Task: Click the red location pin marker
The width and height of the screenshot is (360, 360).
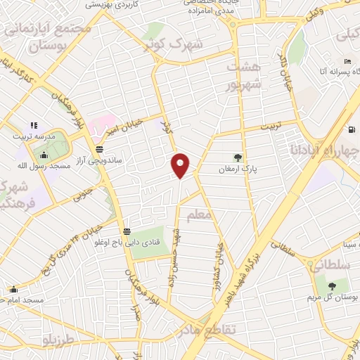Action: (x=181, y=165)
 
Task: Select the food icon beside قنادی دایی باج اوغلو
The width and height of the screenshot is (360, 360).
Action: (x=127, y=231)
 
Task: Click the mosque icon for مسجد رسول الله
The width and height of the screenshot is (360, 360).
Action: (x=44, y=155)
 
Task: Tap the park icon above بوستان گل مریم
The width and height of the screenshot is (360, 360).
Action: (x=331, y=285)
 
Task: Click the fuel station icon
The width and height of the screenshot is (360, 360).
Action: (x=352, y=129)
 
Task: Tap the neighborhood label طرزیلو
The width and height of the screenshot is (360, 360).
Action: (x=57, y=341)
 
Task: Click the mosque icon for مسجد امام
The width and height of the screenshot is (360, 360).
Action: (x=13, y=289)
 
